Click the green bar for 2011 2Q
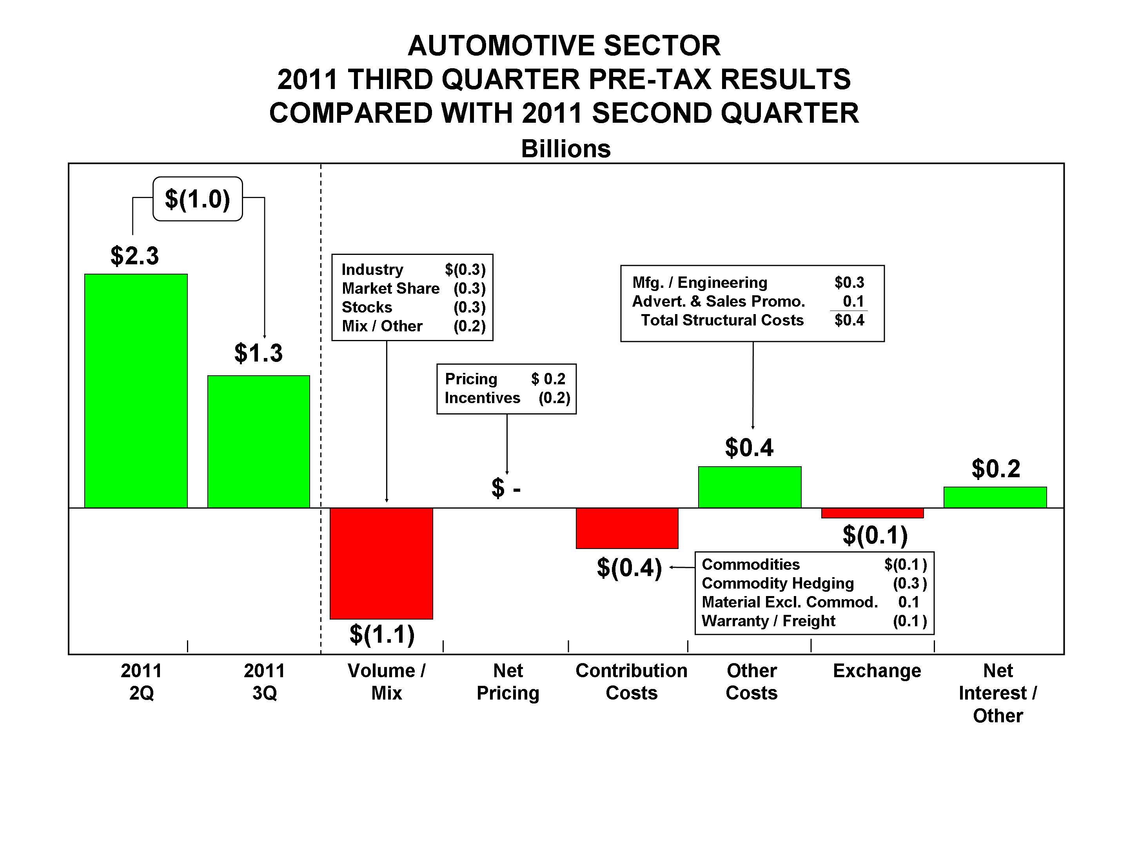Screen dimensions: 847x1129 [x=136, y=391]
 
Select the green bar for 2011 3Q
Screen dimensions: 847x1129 [x=258, y=442]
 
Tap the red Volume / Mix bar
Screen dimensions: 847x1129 [x=381, y=563]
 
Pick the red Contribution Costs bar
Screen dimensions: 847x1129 [x=627, y=528]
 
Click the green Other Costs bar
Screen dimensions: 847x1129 [x=749, y=487]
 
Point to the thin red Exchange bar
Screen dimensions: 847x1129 [x=872, y=513]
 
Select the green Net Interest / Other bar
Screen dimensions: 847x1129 [x=995, y=497]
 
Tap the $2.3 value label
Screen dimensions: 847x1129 [x=135, y=255]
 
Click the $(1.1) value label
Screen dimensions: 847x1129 [x=382, y=634]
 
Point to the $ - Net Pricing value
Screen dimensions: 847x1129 [x=506, y=488]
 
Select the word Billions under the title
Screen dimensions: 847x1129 [x=566, y=149]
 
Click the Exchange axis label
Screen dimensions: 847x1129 [x=877, y=671]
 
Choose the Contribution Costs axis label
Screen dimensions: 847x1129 [x=632, y=682]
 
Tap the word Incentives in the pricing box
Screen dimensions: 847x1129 [x=482, y=398]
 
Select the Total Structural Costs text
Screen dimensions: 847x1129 [x=722, y=320]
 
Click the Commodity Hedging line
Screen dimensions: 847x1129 [x=777, y=583]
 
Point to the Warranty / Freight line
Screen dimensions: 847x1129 [x=768, y=621]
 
